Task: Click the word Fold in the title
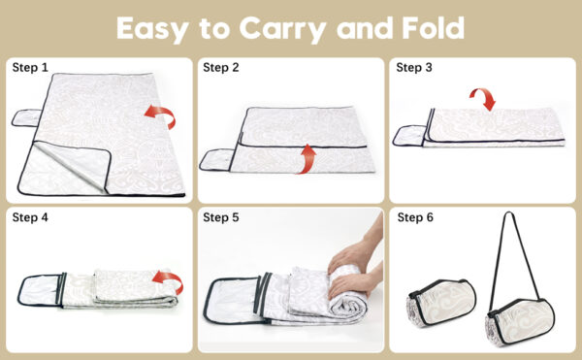434,28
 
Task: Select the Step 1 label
30,68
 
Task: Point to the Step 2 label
221,68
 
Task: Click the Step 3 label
414,68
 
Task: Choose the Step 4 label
30,217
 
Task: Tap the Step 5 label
221,217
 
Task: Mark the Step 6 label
415,217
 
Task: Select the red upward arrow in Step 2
307,159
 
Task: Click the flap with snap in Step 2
216,159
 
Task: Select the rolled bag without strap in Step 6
441,304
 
